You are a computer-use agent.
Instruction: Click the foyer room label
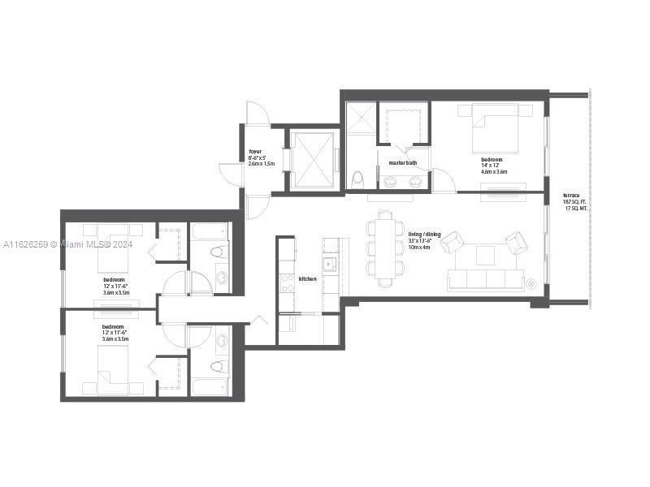(255, 151)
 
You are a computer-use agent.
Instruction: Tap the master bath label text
(403, 163)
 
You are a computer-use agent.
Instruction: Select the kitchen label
(307, 278)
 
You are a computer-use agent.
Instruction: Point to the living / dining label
(424, 235)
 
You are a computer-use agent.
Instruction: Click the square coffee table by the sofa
(485, 255)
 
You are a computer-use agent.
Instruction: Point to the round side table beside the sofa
(531, 283)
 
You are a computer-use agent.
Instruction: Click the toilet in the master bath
(357, 177)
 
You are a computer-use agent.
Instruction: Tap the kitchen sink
(329, 264)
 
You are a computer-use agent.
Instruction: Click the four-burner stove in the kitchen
(287, 282)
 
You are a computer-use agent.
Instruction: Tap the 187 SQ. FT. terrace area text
(574, 202)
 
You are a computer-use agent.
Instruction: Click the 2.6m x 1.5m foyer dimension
(262, 164)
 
